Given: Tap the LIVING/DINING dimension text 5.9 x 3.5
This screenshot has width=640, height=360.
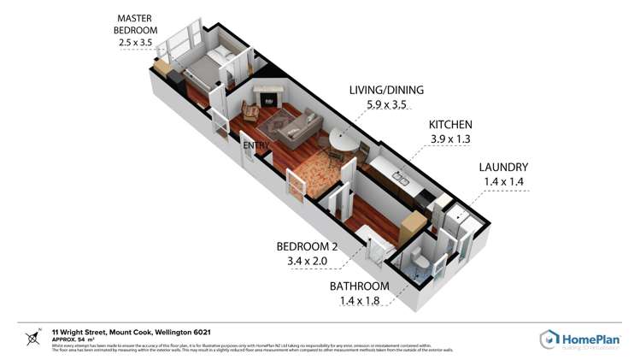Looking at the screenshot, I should (x=386, y=106).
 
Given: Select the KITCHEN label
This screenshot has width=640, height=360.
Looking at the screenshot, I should (x=450, y=124).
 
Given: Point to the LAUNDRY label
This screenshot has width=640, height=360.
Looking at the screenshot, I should (x=503, y=167).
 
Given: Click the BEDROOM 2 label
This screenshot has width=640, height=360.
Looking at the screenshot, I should (x=308, y=246).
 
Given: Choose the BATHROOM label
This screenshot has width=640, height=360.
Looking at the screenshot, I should (x=360, y=286).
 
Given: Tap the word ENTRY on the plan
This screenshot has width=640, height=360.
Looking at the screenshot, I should (x=256, y=145).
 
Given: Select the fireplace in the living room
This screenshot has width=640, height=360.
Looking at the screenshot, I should (x=268, y=97).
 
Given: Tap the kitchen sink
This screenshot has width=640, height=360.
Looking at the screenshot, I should (x=399, y=178).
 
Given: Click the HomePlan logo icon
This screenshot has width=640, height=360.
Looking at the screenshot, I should (x=549, y=339).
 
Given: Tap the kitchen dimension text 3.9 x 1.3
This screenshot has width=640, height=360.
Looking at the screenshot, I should (x=450, y=139).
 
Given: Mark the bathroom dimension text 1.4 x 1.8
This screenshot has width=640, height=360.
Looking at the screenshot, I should (x=360, y=300).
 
